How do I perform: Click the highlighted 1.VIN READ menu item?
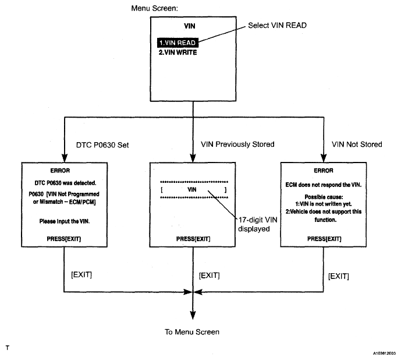(x=178, y=43)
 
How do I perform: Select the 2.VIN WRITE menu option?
(x=178, y=52)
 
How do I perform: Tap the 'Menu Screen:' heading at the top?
(x=154, y=8)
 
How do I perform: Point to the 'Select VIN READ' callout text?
(x=277, y=26)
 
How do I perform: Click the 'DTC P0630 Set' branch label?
(x=102, y=145)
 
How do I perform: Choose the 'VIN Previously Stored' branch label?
(x=237, y=144)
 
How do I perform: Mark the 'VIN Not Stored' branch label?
(x=357, y=144)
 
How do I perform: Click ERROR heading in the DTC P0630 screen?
(x=60, y=171)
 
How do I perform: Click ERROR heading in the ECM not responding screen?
(x=324, y=171)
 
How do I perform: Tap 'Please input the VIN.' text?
(x=65, y=221)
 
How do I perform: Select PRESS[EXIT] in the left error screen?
(x=63, y=239)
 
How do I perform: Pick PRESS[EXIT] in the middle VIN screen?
(x=193, y=239)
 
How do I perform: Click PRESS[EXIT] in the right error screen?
(x=324, y=239)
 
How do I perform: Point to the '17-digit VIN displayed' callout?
(x=257, y=224)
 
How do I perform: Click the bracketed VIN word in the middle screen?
(x=192, y=189)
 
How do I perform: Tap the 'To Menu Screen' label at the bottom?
(x=192, y=332)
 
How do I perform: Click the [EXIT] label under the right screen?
(x=338, y=276)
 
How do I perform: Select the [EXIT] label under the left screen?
(x=81, y=275)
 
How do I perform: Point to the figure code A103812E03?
(x=384, y=354)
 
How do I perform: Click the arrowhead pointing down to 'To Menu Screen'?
(x=193, y=315)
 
